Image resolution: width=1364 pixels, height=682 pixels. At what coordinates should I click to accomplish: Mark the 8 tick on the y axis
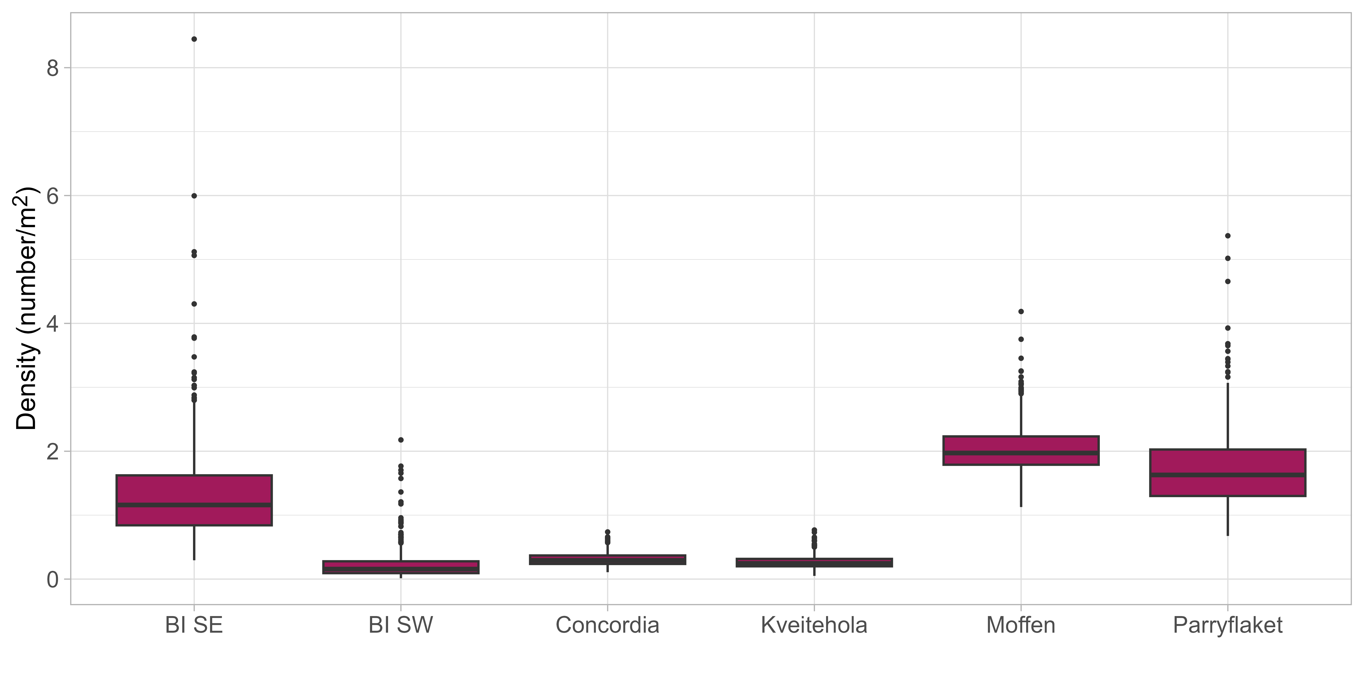pyautogui.click(x=53, y=68)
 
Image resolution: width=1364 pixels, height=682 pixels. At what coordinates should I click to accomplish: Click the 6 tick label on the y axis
pyautogui.click(x=53, y=196)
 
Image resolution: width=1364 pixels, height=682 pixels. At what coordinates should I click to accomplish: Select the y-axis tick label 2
pyautogui.click(x=53, y=452)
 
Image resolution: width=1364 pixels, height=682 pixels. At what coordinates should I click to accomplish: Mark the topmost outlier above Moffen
pyautogui.click(x=1021, y=311)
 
